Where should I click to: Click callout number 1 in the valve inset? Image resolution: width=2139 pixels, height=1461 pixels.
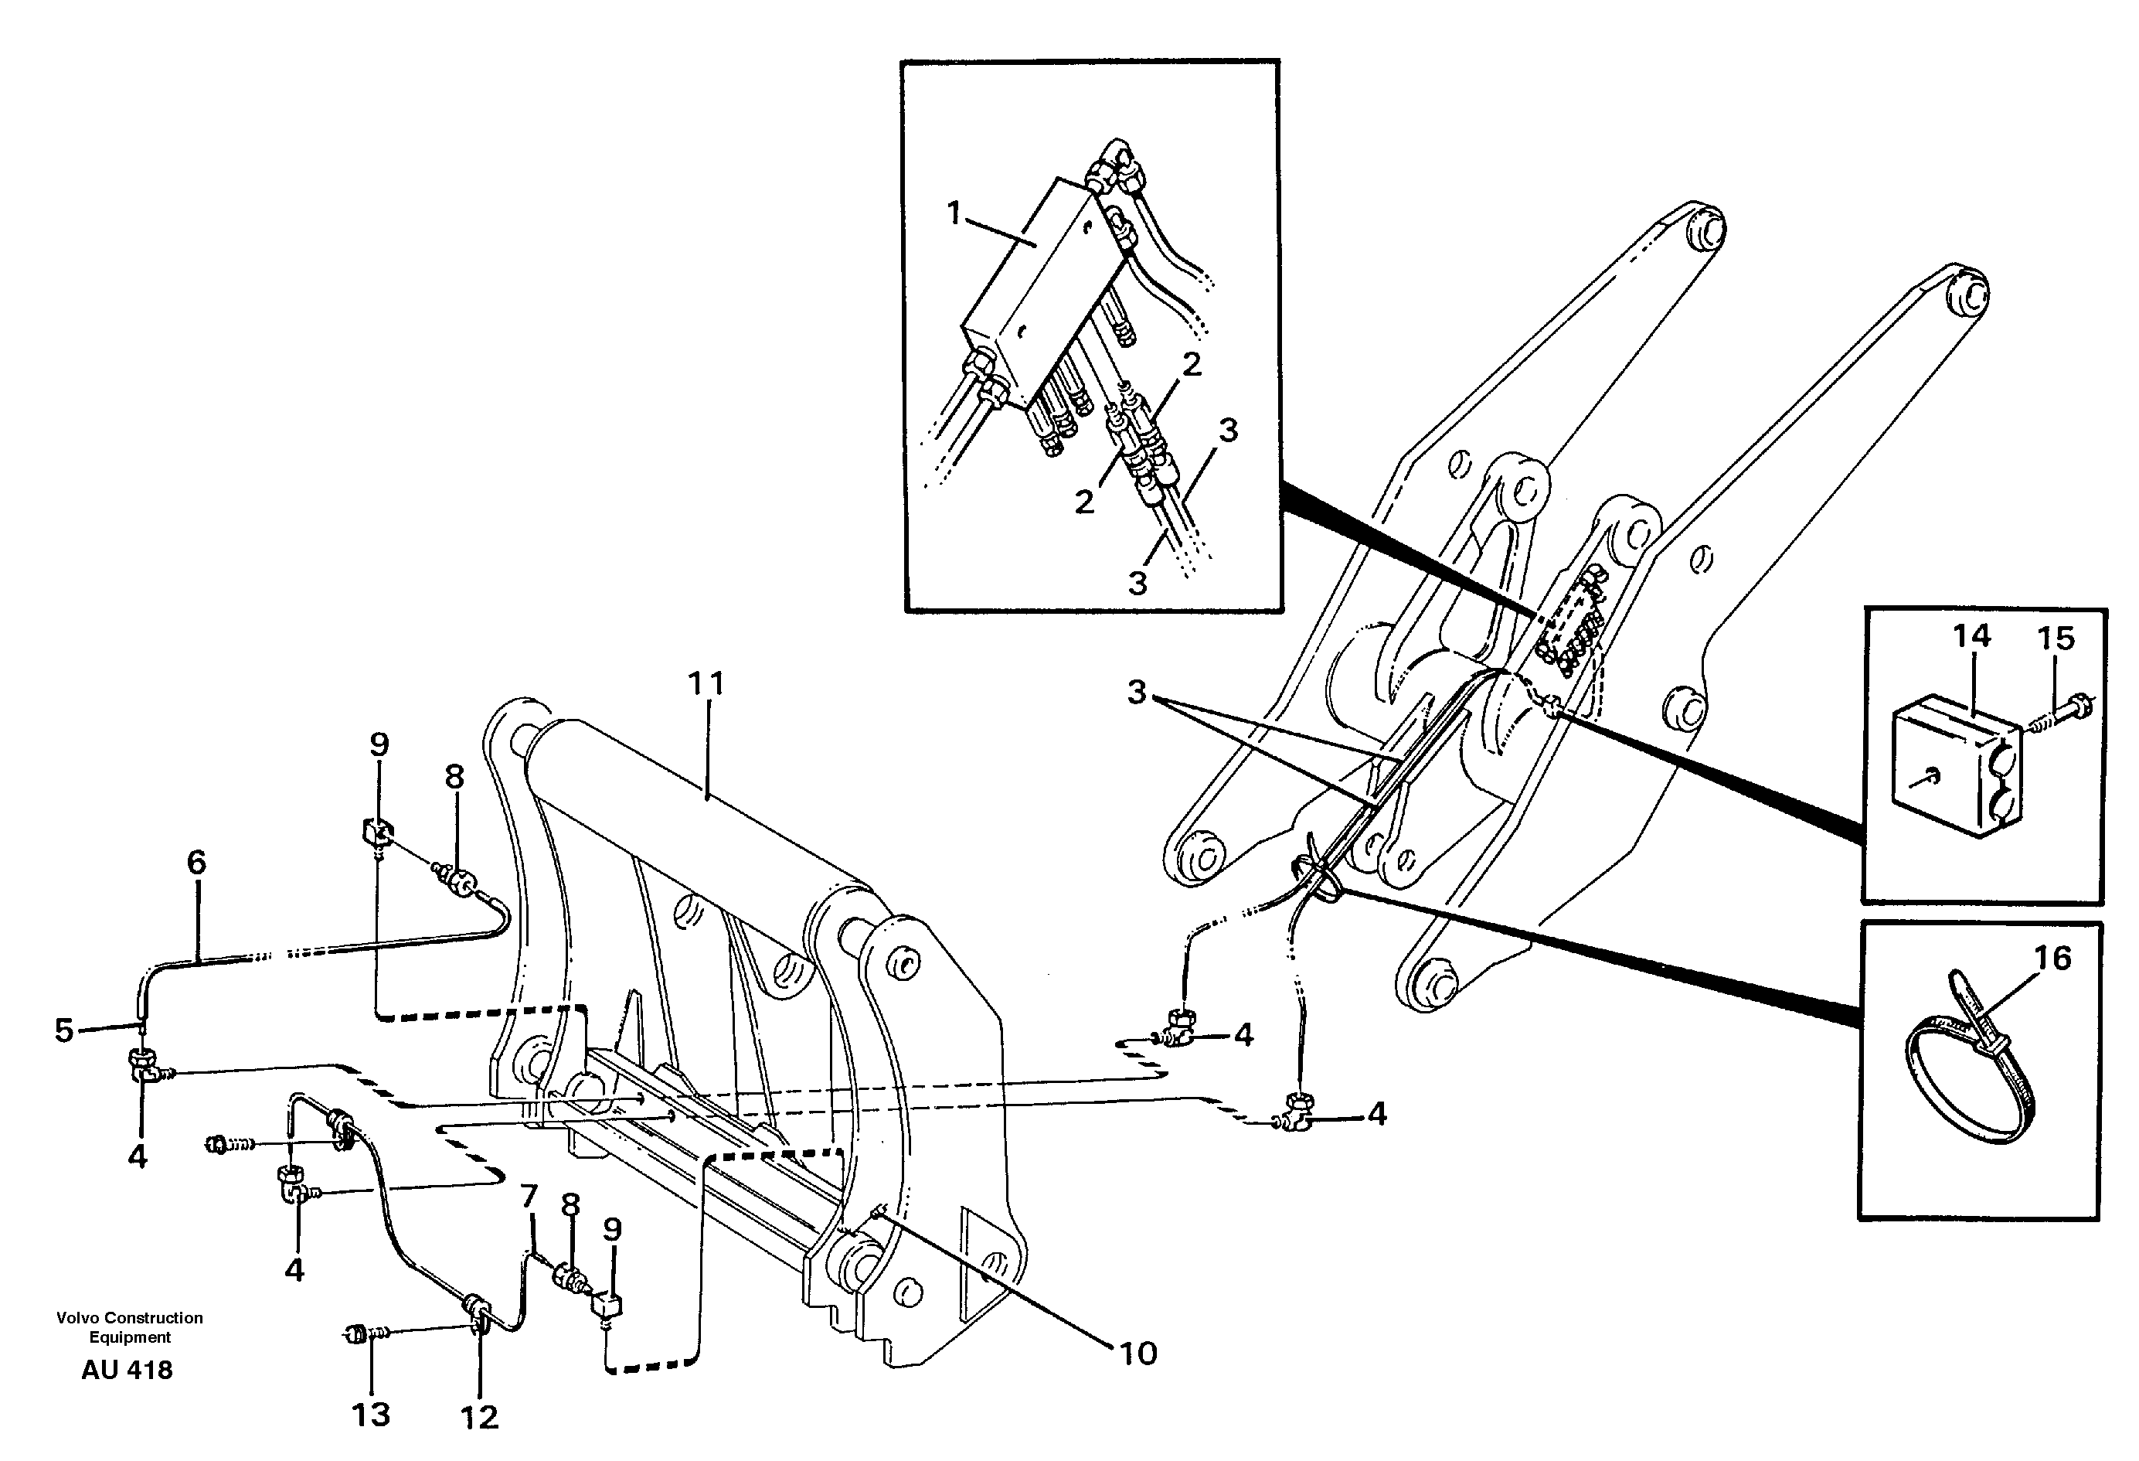tap(954, 213)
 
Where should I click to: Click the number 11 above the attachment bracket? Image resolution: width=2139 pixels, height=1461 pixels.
tap(706, 684)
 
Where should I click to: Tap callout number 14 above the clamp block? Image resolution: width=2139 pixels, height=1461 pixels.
tap(1971, 636)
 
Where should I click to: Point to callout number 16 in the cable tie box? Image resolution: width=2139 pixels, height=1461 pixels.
tap(2052, 959)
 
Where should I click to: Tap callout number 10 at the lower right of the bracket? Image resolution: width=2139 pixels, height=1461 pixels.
tap(1138, 1354)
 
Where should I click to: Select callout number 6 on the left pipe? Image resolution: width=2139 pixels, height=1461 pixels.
tap(196, 863)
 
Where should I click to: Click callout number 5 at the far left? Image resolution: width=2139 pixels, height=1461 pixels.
tap(63, 1030)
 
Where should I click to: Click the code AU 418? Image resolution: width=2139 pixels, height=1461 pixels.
tap(127, 1371)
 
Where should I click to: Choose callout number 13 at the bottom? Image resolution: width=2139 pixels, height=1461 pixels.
tap(371, 1415)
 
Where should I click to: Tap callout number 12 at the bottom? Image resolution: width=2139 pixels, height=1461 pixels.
tap(480, 1418)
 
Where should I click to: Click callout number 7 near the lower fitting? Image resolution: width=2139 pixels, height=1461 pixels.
tap(529, 1197)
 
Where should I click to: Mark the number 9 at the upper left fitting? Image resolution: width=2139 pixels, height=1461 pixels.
tap(379, 744)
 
